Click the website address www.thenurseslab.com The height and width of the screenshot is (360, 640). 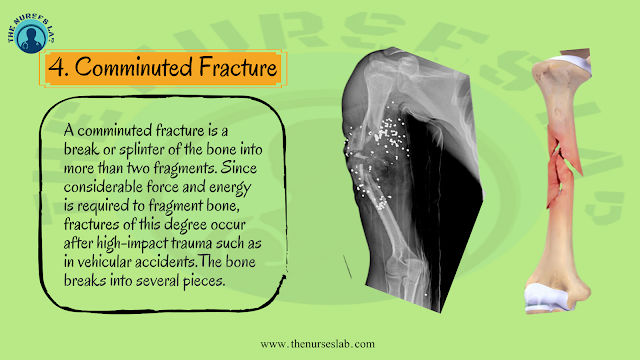click(318, 343)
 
